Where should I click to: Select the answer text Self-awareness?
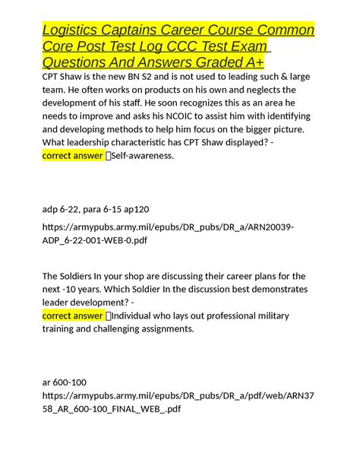click(142, 156)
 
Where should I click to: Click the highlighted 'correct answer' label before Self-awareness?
click(73, 156)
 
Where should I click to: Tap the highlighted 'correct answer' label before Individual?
click(73, 315)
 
